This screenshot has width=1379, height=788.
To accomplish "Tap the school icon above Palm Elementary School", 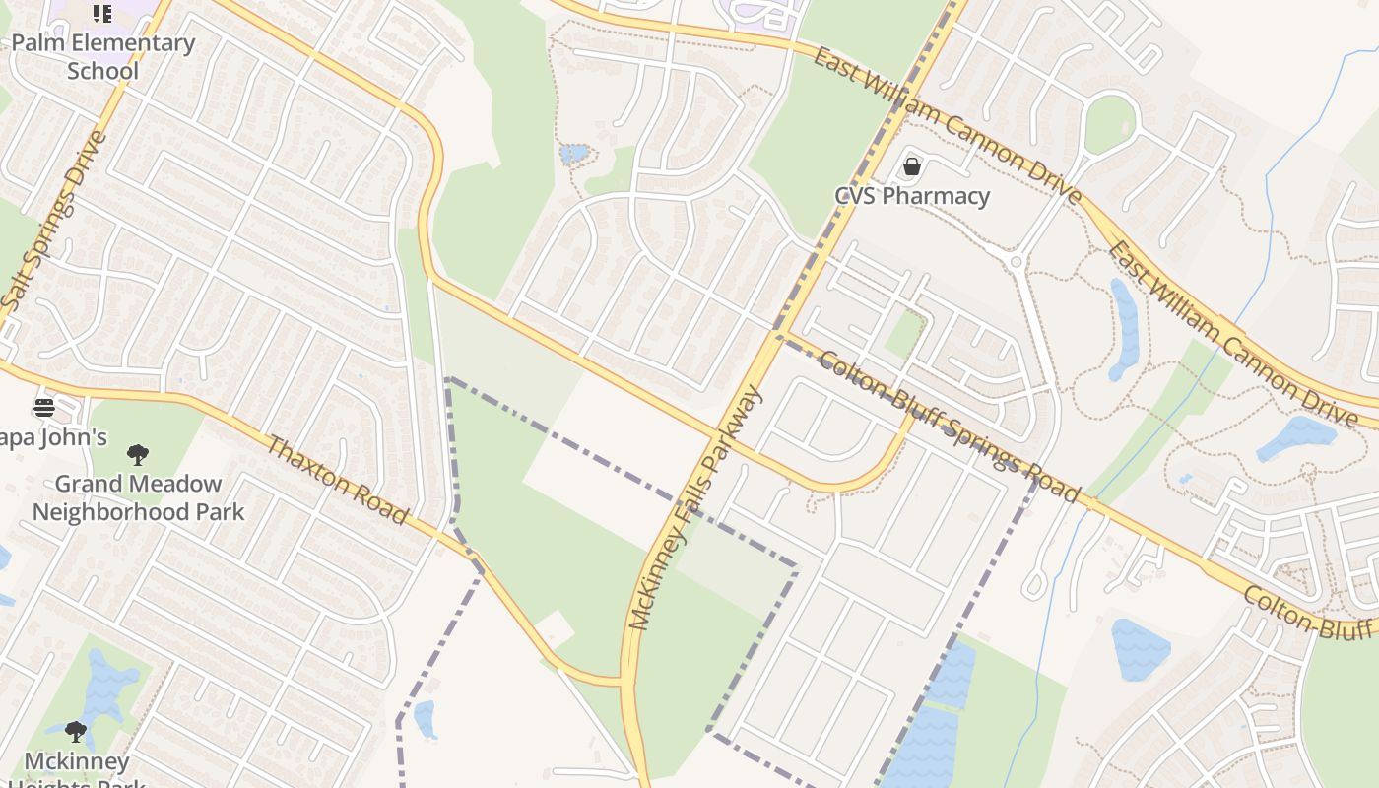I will [102, 13].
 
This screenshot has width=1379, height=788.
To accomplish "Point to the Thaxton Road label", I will [337, 481].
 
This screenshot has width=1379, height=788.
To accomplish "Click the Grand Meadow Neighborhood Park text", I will [138, 497].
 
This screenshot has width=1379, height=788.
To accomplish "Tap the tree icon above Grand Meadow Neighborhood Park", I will [138, 455].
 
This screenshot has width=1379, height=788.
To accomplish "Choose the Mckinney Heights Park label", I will [77, 768].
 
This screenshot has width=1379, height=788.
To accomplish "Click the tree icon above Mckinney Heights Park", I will [76, 732].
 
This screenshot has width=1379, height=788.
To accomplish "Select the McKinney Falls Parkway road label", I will [695, 508].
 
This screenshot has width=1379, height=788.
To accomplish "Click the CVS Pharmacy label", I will [912, 196].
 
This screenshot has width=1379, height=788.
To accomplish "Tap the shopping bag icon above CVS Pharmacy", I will [912, 166].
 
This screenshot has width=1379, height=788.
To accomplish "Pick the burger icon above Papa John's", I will [44, 407].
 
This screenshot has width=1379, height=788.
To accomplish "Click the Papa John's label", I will [54, 437].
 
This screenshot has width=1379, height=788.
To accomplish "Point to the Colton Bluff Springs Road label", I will [949, 427].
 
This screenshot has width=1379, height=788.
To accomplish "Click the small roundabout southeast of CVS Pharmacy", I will [1016, 262].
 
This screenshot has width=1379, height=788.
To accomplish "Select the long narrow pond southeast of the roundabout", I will [1124, 329].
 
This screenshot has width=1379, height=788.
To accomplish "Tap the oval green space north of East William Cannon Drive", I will [1110, 124].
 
